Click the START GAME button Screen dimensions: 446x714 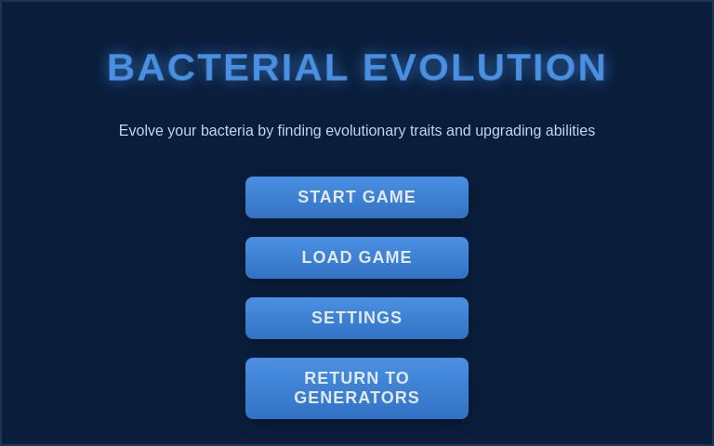tap(357, 197)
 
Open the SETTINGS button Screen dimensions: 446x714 tap(357, 318)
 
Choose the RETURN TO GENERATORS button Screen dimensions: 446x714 tap(357, 388)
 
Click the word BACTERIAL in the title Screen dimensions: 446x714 tap(228, 68)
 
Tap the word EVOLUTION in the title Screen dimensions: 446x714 tap(484, 68)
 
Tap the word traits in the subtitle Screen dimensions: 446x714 tap(426, 131)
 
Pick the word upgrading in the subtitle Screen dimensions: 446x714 tap(508, 131)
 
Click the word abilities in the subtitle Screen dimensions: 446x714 tap(570, 131)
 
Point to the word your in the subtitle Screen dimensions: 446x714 tap(182, 131)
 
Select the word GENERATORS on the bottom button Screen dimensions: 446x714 tap(357, 398)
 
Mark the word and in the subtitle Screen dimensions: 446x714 tap(458, 131)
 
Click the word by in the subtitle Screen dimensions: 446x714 tap(266, 131)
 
